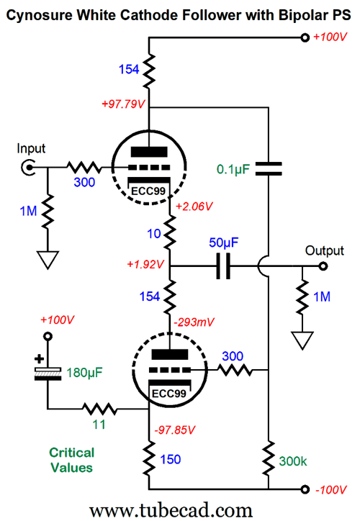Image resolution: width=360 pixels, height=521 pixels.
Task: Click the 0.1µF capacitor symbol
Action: pyautogui.click(x=269, y=169)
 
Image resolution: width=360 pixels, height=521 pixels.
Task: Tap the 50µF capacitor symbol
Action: pyautogui.click(x=223, y=266)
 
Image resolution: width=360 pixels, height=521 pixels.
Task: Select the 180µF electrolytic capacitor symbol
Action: pyautogui.click(x=48, y=373)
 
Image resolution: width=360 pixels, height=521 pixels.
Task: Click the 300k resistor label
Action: pyautogui.click(x=293, y=461)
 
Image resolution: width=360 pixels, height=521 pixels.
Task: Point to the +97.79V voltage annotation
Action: pyautogui.click(x=123, y=104)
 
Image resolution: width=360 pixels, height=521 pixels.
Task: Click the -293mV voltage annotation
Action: pyautogui.click(x=194, y=322)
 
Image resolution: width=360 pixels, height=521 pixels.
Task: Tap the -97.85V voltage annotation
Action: pyautogui.click(x=174, y=430)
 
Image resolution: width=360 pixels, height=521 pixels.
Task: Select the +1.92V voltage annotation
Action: pyautogui.click(x=145, y=265)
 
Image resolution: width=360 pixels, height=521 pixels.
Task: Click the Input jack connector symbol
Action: pyautogui.click(x=28, y=167)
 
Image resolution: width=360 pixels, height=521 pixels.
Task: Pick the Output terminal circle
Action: pyautogui.click(x=323, y=266)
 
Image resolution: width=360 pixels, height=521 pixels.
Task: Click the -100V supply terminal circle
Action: pyautogui.click(x=305, y=489)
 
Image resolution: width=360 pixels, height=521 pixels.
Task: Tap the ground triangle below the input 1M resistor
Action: pyautogui.click(x=48, y=260)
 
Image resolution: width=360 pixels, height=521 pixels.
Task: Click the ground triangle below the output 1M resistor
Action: pyautogui.click(x=302, y=340)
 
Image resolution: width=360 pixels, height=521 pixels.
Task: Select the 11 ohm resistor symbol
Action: pyautogui.click(x=100, y=409)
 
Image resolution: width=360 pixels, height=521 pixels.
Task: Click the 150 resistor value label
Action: pyautogui.click(x=171, y=459)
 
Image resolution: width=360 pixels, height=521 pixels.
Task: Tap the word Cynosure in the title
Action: pyautogui.click(x=40, y=15)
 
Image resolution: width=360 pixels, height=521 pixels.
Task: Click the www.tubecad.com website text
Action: pyautogui.click(x=171, y=510)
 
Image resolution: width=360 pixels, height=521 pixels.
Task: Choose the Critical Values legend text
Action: pyautogui.click(x=71, y=461)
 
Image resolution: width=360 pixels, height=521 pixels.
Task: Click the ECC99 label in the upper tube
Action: pyautogui.click(x=148, y=191)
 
